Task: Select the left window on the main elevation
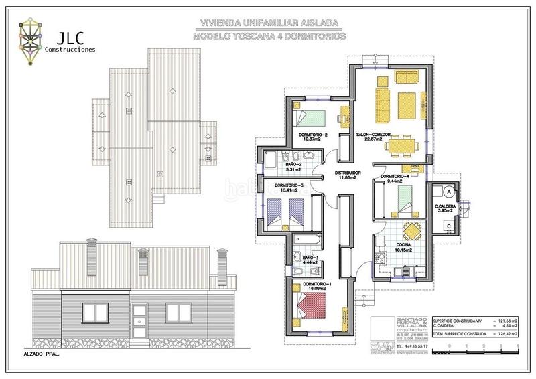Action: coord(94,312)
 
